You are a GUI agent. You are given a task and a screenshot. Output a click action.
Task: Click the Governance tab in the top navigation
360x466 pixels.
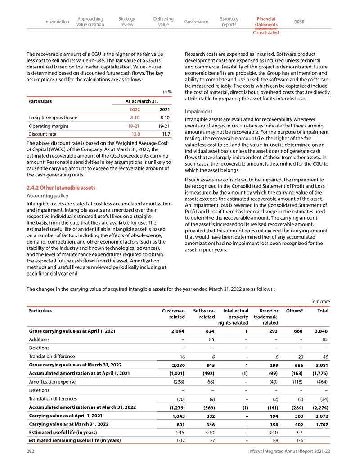tap(196, 22)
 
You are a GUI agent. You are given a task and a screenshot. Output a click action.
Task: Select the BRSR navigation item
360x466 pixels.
tap(299, 22)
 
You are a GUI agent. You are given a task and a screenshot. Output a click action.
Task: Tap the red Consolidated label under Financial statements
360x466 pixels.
tap(265, 32)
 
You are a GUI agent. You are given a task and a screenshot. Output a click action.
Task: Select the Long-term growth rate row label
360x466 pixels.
tap(53, 118)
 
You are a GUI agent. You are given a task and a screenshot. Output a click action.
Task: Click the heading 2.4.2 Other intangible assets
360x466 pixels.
tap(61, 187)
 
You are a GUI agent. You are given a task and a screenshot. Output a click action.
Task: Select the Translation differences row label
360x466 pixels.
tap(53, 399)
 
